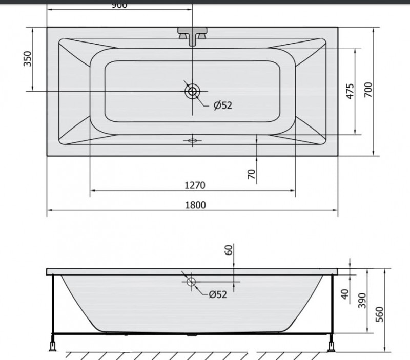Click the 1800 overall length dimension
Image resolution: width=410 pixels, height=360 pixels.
(x=195, y=205)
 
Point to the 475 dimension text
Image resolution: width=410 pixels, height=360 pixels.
(x=350, y=91)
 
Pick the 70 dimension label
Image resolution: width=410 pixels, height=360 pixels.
(x=251, y=174)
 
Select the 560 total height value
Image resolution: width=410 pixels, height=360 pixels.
(x=379, y=312)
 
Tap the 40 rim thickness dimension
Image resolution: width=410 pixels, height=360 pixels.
(x=345, y=294)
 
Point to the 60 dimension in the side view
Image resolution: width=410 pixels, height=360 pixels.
(x=229, y=250)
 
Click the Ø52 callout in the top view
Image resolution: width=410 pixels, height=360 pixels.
(x=222, y=105)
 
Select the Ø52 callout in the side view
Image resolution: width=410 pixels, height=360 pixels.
(x=217, y=294)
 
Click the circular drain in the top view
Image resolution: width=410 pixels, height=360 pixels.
(x=192, y=92)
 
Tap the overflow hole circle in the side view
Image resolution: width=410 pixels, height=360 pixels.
(x=191, y=281)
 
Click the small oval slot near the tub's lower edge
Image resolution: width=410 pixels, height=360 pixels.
(x=192, y=140)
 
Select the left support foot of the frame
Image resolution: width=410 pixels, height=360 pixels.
(x=52, y=345)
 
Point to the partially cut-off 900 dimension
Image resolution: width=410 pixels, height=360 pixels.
(x=119, y=5)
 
